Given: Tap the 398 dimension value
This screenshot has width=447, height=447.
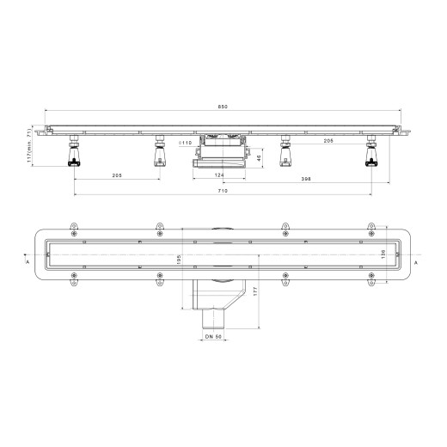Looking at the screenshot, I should point(306,180).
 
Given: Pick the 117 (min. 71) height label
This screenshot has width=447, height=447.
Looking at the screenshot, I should point(29,149).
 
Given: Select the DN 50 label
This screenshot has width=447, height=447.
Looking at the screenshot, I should point(214,335).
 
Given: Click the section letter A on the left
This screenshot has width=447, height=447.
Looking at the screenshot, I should point(29,261).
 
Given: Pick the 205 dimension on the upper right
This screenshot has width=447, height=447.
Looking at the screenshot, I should point(329,141).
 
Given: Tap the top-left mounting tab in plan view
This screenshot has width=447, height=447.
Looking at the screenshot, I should point(74,230).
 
